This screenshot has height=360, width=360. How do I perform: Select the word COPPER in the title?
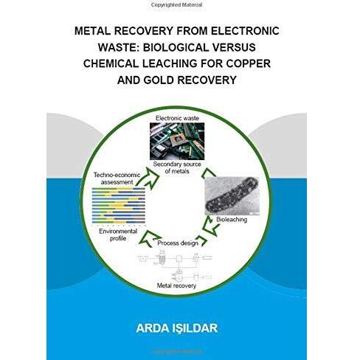point(249,63)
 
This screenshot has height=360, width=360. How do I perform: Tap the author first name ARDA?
point(152,328)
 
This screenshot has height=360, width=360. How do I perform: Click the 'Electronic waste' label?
point(177,118)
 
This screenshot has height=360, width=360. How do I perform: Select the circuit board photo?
point(177,142)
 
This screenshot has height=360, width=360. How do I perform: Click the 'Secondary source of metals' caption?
point(177,167)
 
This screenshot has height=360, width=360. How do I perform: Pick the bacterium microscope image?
point(232,196)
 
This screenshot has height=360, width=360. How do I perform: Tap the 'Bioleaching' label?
point(232,220)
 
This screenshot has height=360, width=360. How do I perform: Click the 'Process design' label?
point(178,243)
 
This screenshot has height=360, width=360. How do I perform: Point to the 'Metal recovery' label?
point(176,285)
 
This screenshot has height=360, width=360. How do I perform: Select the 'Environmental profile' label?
point(118,235)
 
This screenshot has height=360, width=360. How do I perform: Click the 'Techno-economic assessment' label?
point(117,179)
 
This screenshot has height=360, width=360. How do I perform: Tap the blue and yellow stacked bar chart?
point(119,206)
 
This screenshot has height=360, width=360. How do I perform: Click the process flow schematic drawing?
point(175,265)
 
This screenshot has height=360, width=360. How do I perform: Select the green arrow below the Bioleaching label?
point(210,226)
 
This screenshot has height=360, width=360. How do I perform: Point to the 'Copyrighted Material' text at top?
point(177,4)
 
